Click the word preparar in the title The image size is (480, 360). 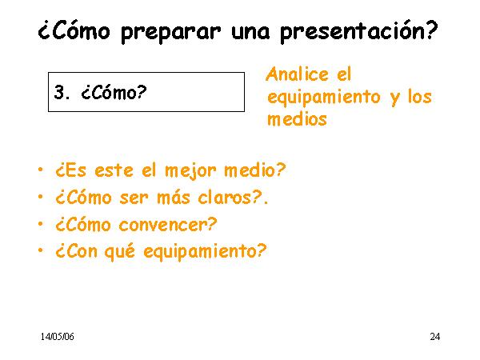pos(170,33)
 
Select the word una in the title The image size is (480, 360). pos(250,33)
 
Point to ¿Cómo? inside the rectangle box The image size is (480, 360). pos(114,92)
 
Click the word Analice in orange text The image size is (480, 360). pos(298,74)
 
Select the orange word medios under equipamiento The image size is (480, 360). pos(297,118)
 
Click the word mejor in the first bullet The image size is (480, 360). pos(190,171)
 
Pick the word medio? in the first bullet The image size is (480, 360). pos(254,170)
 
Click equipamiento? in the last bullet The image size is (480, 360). pos(205,252)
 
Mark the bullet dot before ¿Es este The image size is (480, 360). pos(41,170)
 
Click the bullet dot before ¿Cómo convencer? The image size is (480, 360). pos(41,224)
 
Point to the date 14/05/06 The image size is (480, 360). pos(58,337)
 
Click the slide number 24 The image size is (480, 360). pos(435,337)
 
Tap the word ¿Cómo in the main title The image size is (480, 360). pos(74,30)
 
